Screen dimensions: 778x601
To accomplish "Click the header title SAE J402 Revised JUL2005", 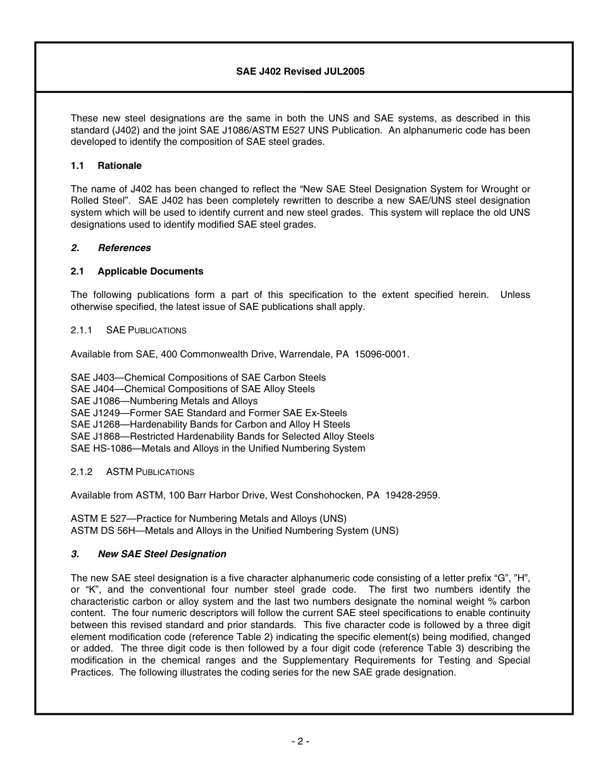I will pyautogui.click(x=300, y=71).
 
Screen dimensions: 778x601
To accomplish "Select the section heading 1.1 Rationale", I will pyautogui.click(x=106, y=166).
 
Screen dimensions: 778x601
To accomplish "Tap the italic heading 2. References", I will pyautogui.click(x=111, y=248).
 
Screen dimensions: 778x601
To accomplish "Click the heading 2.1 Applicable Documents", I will pyautogui.click(x=137, y=271).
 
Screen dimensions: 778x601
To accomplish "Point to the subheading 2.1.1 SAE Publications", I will pyautogui.click(x=128, y=330).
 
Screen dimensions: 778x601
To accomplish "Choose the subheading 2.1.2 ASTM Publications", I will pyautogui.click(x=132, y=472).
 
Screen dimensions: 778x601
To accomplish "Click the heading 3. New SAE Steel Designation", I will pyautogui.click(x=149, y=554).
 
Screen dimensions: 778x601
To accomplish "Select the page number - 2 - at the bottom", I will pyautogui.click(x=300, y=741).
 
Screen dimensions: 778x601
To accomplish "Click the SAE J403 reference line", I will pyautogui.click(x=198, y=378).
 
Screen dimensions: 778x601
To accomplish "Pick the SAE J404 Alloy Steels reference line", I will pyautogui.click(x=192, y=389).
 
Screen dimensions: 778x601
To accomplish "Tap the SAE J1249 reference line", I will pyautogui.click(x=209, y=413).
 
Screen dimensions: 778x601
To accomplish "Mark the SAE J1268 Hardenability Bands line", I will pyautogui.click(x=210, y=424).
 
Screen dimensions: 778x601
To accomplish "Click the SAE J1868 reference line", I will pyautogui.click(x=222, y=436).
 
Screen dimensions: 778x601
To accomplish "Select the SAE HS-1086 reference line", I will pyautogui.click(x=218, y=448).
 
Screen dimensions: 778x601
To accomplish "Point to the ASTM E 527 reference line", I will pyautogui.click(x=208, y=519).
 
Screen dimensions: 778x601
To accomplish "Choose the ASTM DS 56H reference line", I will pyautogui.click(x=234, y=531).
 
